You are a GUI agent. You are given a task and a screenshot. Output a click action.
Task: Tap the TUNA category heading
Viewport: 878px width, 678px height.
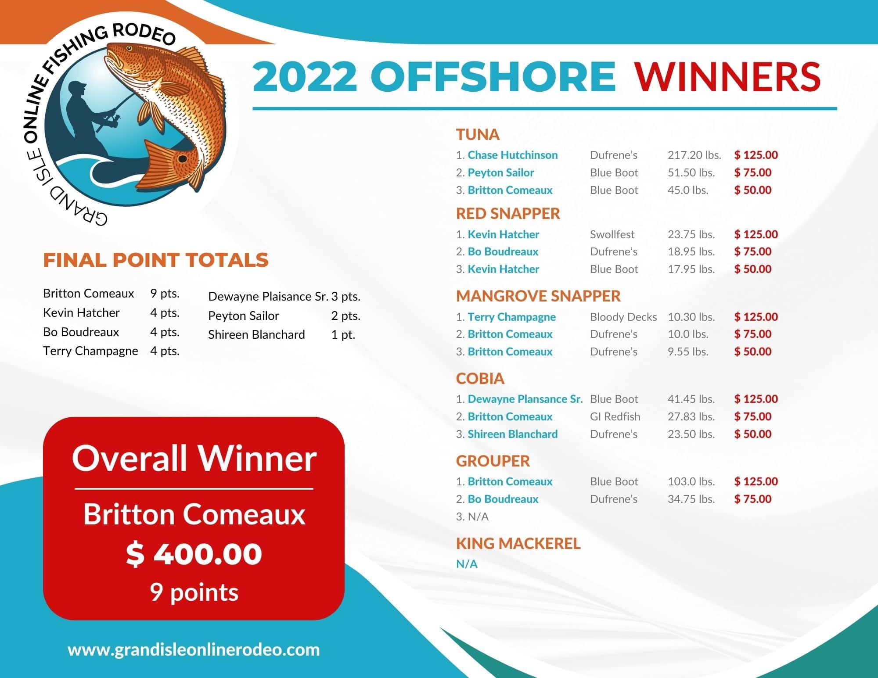[x=478, y=135]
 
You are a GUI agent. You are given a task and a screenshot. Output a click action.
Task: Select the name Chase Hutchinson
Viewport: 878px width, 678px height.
[x=513, y=155]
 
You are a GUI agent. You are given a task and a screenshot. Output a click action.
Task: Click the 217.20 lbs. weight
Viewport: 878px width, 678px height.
[x=694, y=155]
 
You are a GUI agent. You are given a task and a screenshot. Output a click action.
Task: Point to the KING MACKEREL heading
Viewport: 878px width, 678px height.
[x=518, y=544]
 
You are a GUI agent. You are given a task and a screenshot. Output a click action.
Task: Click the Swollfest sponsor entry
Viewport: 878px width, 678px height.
[x=612, y=234]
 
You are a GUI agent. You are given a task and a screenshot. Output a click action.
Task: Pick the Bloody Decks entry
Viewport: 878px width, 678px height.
[x=623, y=317]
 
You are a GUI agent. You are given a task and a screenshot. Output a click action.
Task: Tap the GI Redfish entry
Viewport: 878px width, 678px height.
[x=615, y=416]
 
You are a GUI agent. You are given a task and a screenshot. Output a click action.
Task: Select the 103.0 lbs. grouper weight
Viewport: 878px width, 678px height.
[x=691, y=481]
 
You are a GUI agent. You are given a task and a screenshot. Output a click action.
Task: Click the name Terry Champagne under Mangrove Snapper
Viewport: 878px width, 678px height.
[x=512, y=317]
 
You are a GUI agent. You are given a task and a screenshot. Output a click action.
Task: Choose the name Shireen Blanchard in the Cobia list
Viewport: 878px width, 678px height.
[x=513, y=434]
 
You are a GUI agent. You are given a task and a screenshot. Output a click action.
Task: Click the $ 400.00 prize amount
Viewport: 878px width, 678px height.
[x=194, y=554]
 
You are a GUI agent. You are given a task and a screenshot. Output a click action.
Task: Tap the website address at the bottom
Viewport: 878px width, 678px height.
[x=194, y=649]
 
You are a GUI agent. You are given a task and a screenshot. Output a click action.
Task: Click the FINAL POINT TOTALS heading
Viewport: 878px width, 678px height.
[x=156, y=260]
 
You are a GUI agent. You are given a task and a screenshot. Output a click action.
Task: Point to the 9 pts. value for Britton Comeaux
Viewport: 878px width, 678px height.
[x=165, y=293]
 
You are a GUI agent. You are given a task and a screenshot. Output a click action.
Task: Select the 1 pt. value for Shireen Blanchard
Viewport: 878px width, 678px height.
[x=343, y=334]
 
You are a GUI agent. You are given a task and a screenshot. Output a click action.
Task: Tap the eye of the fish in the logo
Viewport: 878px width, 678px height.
[x=129, y=48]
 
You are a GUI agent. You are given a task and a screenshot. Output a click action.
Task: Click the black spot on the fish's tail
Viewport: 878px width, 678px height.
[x=182, y=158]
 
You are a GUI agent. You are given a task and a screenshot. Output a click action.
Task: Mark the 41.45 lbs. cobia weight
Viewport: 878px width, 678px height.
[x=691, y=399]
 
